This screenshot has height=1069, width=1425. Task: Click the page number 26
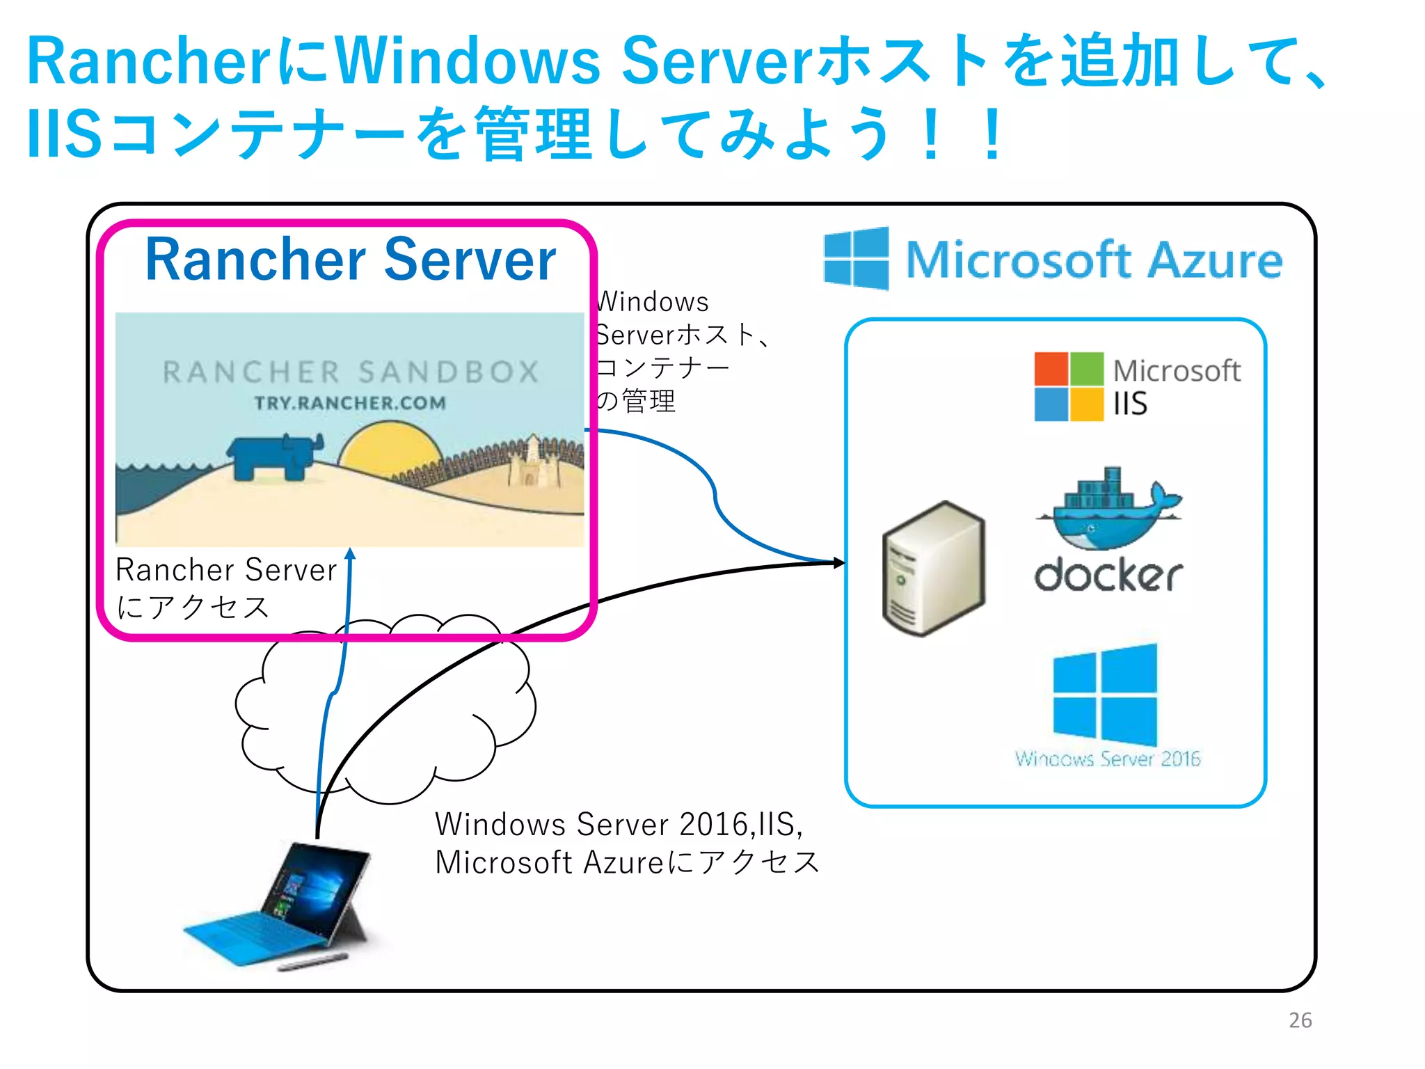point(1300,1020)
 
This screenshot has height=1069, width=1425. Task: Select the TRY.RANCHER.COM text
point(349,403)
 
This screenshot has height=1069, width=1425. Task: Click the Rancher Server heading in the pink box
point(350,260)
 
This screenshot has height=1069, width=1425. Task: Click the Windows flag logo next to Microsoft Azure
point(856,258)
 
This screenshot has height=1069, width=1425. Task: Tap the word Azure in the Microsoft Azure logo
point(1214,260)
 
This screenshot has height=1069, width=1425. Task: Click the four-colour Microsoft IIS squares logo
point(1069,386)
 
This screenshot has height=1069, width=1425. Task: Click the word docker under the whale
point(1108,575)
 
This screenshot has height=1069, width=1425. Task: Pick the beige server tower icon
point(933,568)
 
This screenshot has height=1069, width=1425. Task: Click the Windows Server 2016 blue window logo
point(1105,694)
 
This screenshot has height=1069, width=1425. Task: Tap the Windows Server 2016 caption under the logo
point(1107,759)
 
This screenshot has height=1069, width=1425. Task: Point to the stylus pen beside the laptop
point(312,963)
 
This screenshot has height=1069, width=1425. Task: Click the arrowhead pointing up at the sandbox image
point(351,554)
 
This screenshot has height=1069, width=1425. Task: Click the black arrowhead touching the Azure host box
point(839,562)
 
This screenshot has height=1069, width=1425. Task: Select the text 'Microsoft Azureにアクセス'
point(627,862)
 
